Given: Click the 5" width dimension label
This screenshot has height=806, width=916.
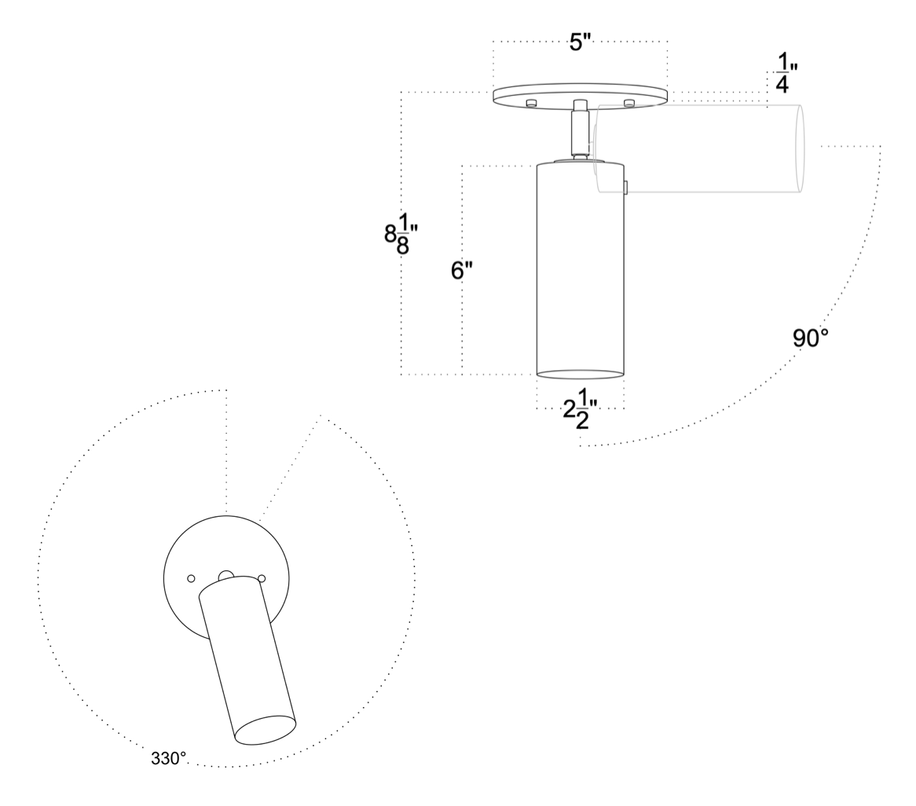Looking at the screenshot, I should pyautogui.click(x=580, y=42).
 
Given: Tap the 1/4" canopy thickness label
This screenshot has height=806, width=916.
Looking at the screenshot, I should pyautogui.click(x=782, y=73).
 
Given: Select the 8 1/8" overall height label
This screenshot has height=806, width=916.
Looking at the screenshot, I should pyautogui.click(x=401, y=233).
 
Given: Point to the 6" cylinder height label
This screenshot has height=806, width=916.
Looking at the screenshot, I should pyautogui.click(x=462, y=270).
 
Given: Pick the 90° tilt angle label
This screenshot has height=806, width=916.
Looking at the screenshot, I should pyautogui.click(x=810, y=338).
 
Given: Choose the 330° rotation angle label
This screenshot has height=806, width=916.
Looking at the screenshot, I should pyautogui.click(x=169, y=758).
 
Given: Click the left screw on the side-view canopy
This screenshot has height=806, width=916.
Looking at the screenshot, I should pyautogui.click(x=531, y=103).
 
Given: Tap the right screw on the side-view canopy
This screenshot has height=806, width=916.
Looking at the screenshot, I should pyautogui.click(x=628, y=103).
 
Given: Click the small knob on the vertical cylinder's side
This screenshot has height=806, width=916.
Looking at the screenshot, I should pyautogui.click(x=625, y=187).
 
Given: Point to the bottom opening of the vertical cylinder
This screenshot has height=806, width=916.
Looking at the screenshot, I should pyautogui.click(x=580, y=374).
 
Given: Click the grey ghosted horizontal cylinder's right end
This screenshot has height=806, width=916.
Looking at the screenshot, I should pyautogui.click(x=800, y=148).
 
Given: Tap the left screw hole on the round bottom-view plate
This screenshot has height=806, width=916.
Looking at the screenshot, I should pyautogui.click(x=191, y=578).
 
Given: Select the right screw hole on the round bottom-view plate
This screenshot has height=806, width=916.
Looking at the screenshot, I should pyautogui.click(x=262, y=578).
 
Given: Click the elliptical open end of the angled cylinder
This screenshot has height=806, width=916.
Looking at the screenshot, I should pyautogui.click(x=266, y=730).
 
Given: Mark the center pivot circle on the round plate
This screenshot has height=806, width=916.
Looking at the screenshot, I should pyautogui.click(x=226, y=574).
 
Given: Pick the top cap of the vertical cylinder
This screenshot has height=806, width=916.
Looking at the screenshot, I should pyautogui.click(x=580, y=163).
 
